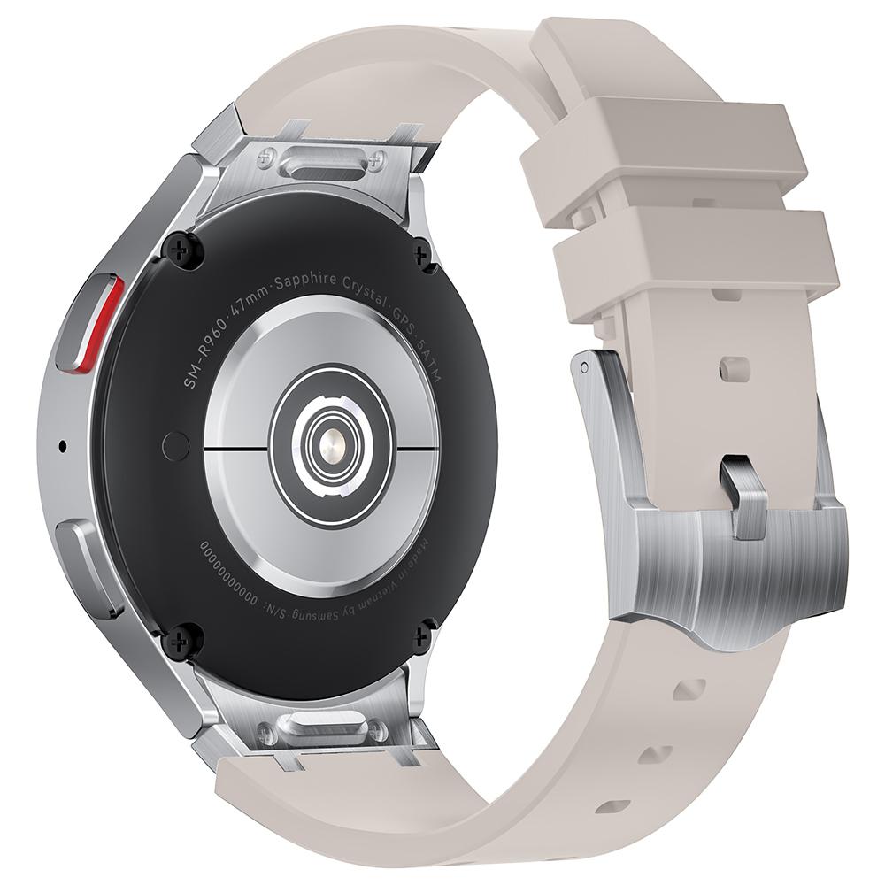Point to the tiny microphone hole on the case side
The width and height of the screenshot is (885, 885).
(x=62, y=445)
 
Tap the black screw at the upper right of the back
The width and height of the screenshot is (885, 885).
(x=423, y=254)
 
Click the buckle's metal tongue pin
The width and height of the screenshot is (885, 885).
(x=743, y=495)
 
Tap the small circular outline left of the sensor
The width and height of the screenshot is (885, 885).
(x=176, y=446)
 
